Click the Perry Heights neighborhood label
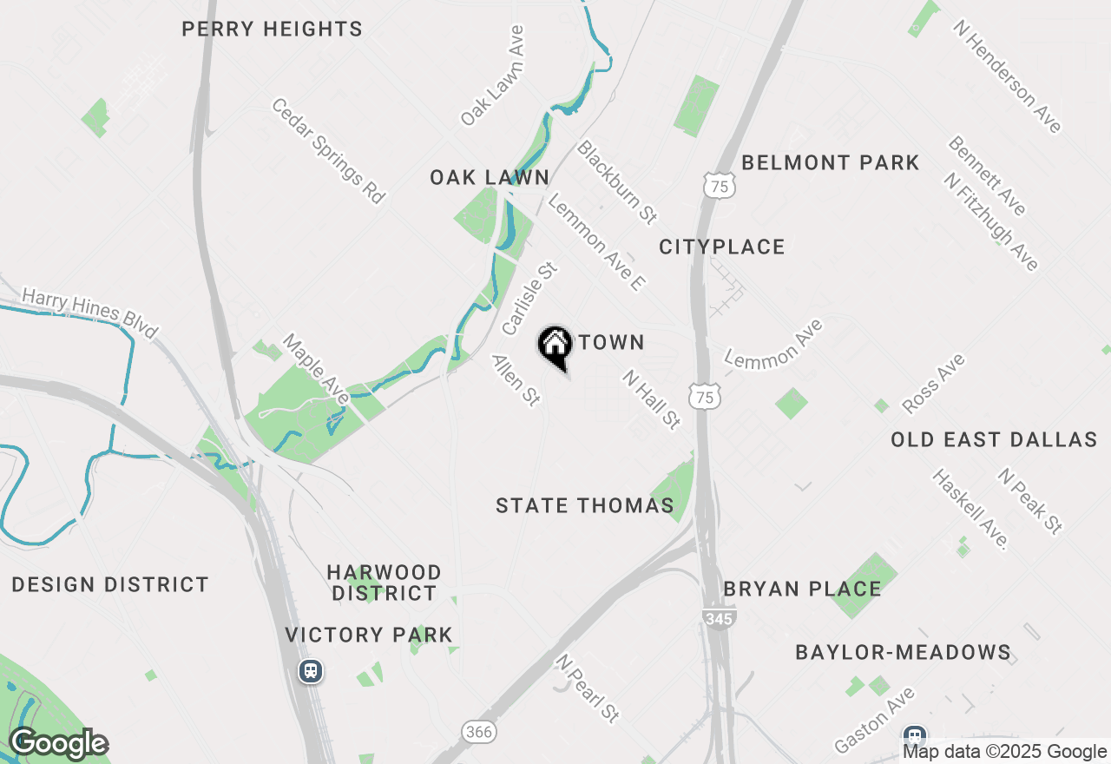pyautogui.click(x=272, y=30)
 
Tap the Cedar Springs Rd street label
pyautogui.click(x=328, y=151)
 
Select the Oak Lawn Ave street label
pyautogui.click(x=493, y=76)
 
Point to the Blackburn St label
pyautogui.click(x=617, y=181)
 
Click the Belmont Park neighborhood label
pyautogui.click(x=831, y=162)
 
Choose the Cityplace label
pyautogui.click(x=722, y=247)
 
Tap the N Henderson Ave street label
pyautogui.click(x=1007, y=76)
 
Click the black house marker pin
pyautogui.click(x=555, y=346)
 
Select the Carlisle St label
pyautogui.click(x=528, y=300)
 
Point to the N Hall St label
pyautogui.click(x=651, y=398)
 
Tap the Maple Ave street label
pyautogui.click(x=315, y=369)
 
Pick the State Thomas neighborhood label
pyautogui.click(x=585, y=505)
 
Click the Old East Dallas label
pyautogui.click(x=994, y=440)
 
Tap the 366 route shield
pyautogui.click(x=478, y=732)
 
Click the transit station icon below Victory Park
pyautogui.click(x=311, y=671)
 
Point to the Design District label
pyautogui.click(x=110, y=585)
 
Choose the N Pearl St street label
pyautogui.click(x=589, y=688)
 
